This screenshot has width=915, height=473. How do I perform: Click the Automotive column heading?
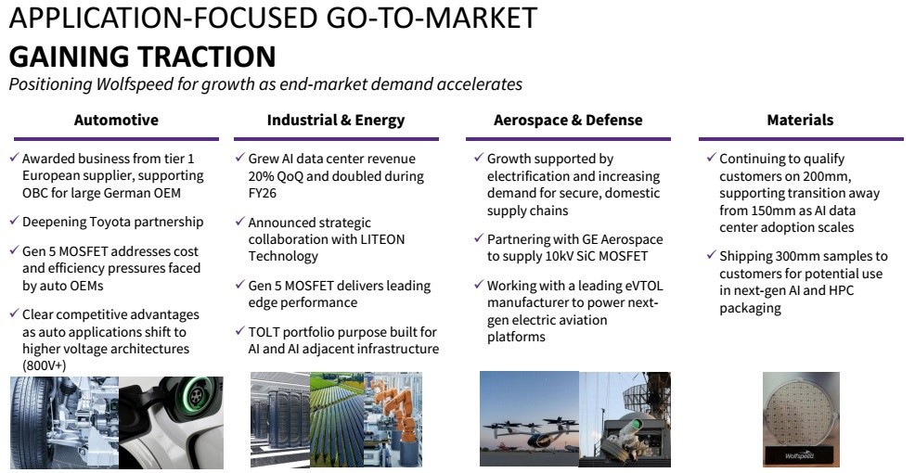pyautogui.click(x=116, y=121)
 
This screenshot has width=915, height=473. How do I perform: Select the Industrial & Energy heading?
pyautogui.click(x=336, y=121)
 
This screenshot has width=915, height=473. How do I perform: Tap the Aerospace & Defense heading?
pyautogui.click(x=568, y=121)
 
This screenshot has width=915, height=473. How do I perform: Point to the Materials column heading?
pyautogui.click(x=800, y=121)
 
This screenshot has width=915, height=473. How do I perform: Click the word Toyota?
pyautogui.click(x=110, y=223)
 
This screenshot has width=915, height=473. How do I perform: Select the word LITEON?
pyautogui.click(x=382, y=239)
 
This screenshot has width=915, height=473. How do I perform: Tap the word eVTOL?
pyautogui.click(x=643, y=286)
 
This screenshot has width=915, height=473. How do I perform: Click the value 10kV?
pyautogui.click(x=581, y=256)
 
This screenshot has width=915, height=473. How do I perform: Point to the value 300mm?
pyautogui.click(x=798, y=257)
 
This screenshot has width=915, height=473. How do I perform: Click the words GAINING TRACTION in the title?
pyautogui.click(x=142, y=57)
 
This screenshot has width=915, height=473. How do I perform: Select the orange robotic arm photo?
pyautogui.click(x=393, y=419)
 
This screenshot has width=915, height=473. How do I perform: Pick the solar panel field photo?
pyautogui.click(x=337, y=419)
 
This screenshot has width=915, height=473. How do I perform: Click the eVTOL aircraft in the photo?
pyautogui.click(x=528, y=429)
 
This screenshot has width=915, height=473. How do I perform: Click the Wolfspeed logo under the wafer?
pyautogui.click(x=800, y=455)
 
